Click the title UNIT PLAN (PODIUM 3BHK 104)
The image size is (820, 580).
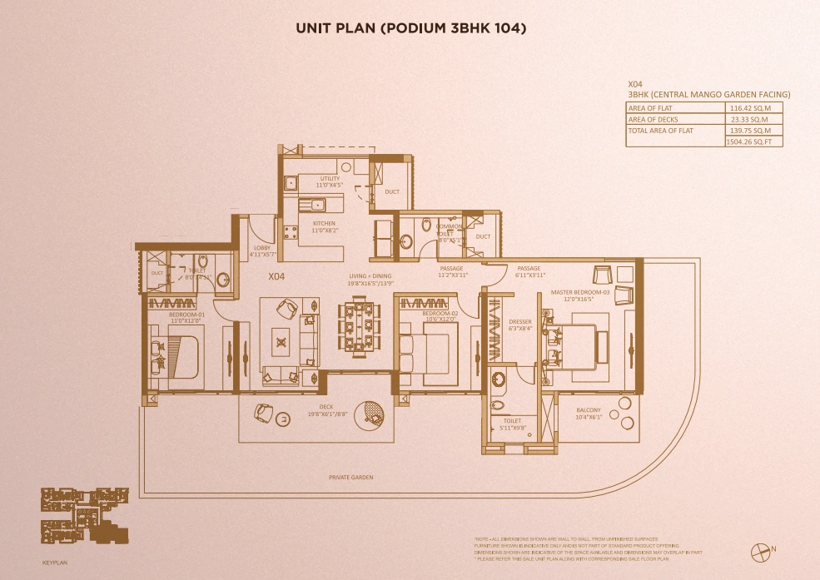coord(411,28)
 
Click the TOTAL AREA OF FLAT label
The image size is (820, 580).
coord(661,131)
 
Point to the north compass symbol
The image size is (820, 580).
coord(759,550)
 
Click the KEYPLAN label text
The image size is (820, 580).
coord(53,563)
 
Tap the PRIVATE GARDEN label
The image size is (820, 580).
coord(350,478)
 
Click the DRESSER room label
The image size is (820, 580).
coord(520,325)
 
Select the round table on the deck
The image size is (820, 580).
coord(369,415)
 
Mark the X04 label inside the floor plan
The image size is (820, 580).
coord(277,275)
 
